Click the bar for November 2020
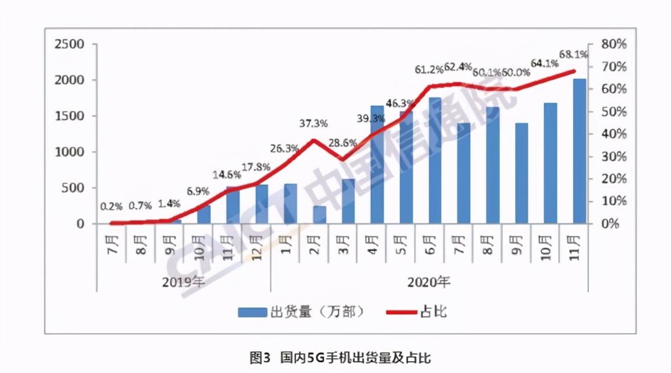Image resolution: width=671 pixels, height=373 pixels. pos(579,151)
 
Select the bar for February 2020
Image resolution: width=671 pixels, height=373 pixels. pos(319,215)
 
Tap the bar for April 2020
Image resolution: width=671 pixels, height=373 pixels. pos(377,165)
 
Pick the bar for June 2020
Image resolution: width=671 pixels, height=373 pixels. pos(435,161)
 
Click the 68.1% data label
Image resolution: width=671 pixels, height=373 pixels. pos(574,55)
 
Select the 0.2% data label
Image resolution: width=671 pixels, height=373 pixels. pos(111,206)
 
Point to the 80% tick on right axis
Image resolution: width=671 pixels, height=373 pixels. pos(614,44)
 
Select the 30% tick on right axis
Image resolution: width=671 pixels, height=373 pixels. pos(614,156)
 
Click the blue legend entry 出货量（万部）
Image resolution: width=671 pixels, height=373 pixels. pos(301,312)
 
